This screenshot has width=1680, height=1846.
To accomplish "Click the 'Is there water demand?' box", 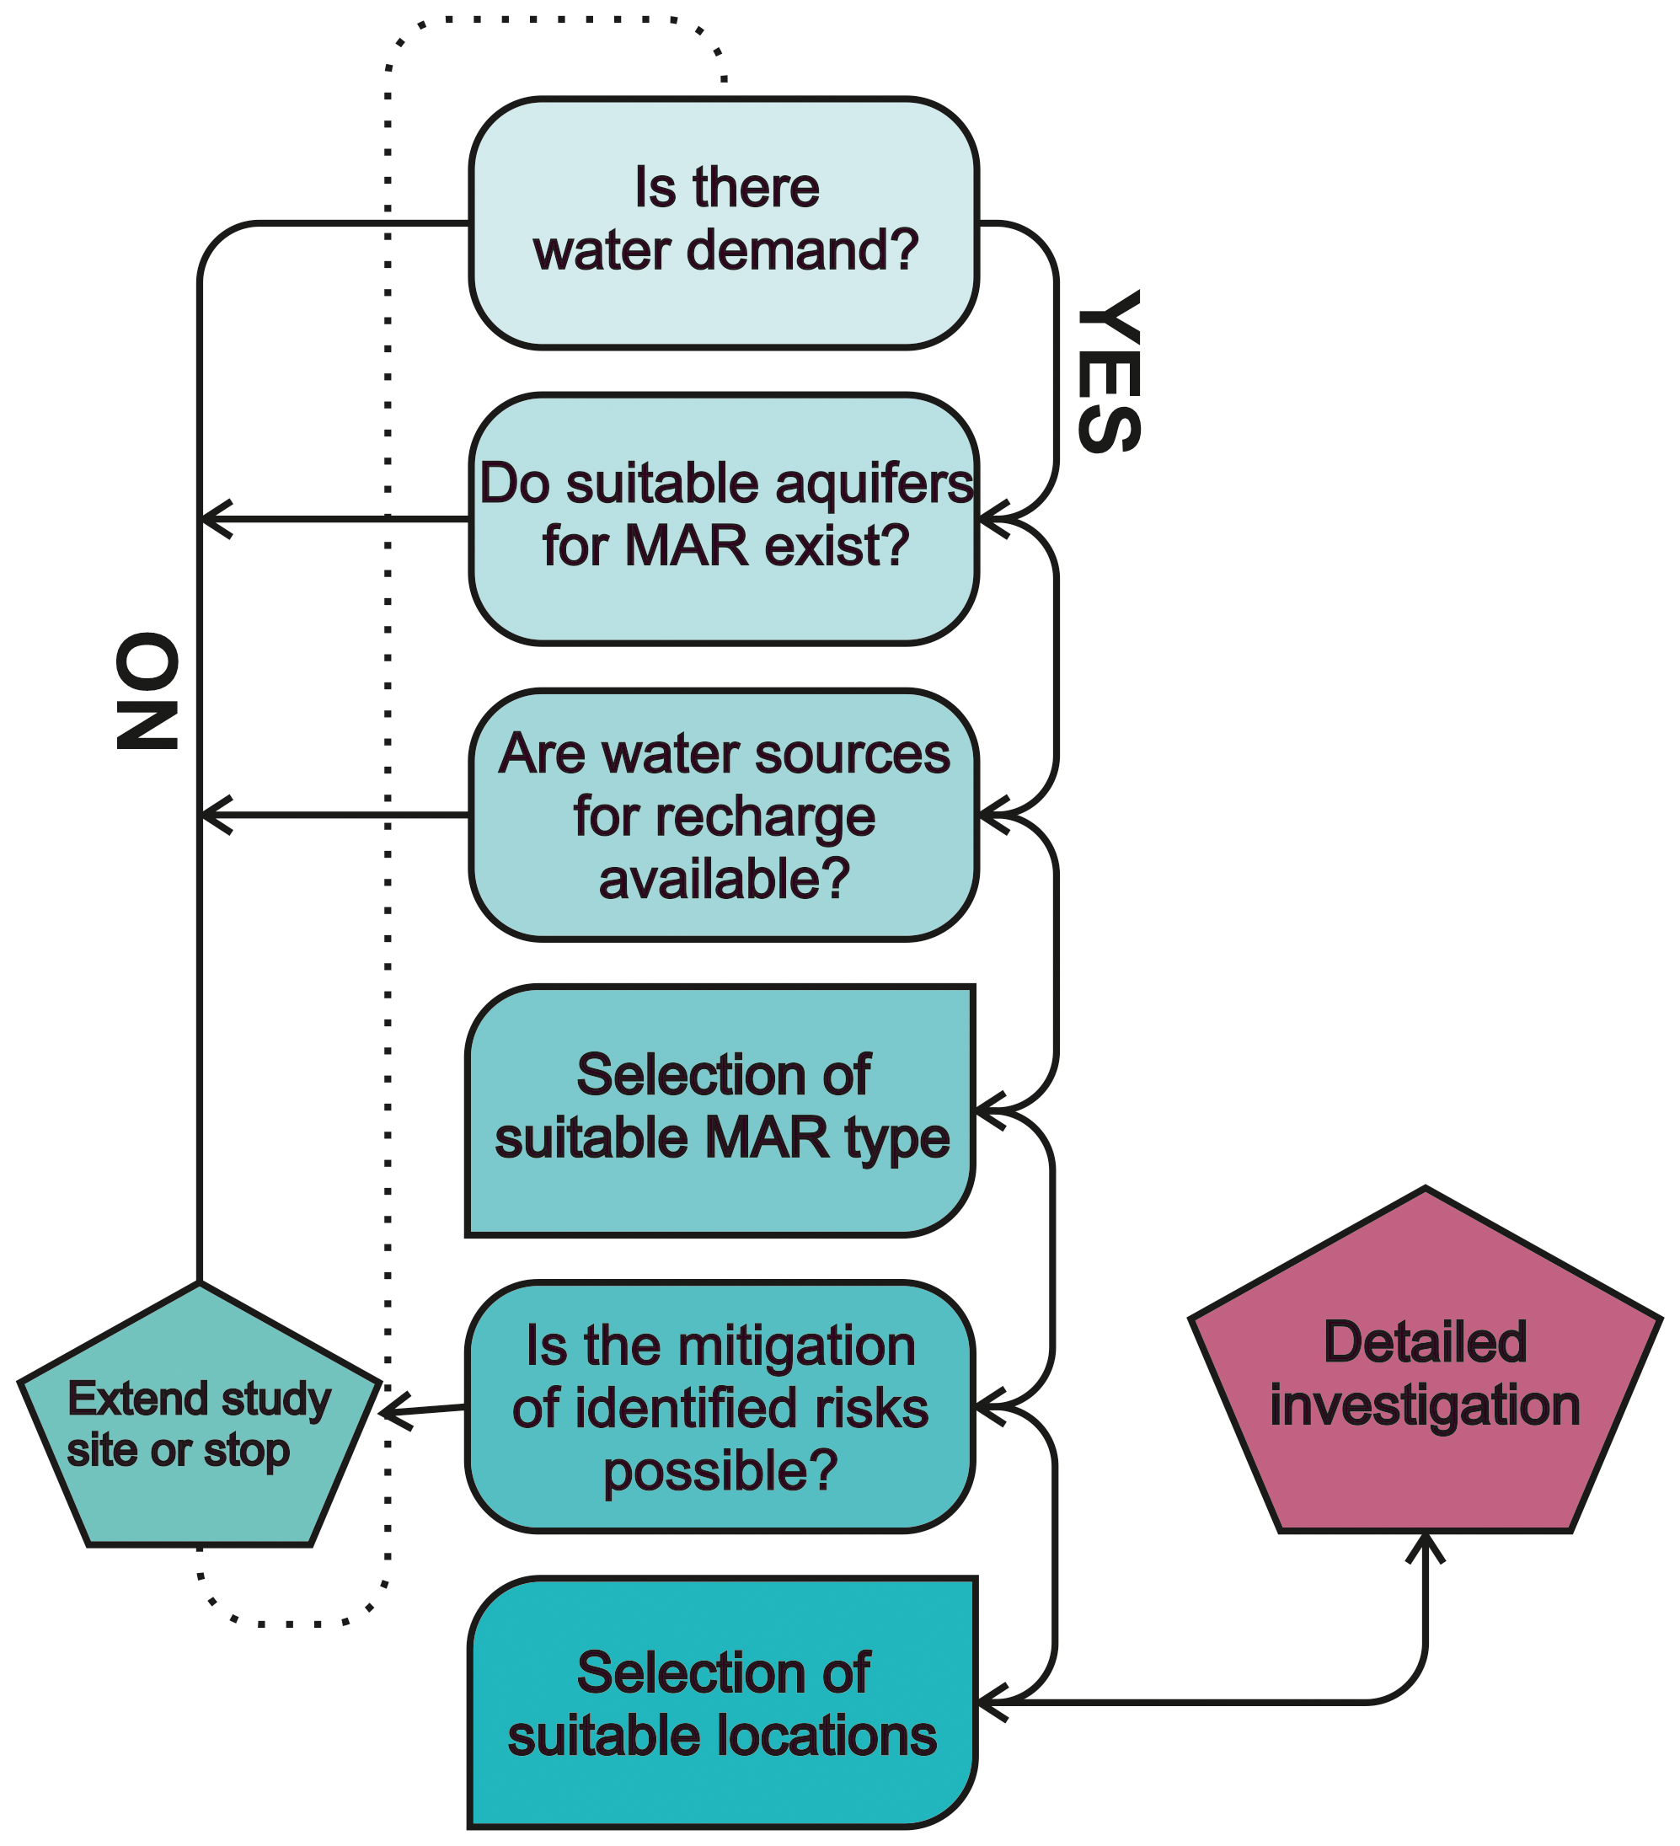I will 723,222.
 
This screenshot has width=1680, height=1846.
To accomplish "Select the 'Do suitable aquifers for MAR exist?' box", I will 723,518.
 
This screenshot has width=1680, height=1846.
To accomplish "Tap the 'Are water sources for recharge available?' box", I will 723,814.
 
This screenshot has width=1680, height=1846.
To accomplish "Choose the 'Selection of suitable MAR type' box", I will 720,1110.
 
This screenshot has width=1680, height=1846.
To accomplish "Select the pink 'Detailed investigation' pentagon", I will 1425,1373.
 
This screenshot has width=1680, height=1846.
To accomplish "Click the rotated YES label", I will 1109,371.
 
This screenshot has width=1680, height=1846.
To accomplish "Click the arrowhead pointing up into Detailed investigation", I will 1425,1546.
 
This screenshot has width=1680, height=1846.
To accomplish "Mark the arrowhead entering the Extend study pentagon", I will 388,1411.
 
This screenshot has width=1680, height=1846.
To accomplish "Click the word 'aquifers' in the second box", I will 874,484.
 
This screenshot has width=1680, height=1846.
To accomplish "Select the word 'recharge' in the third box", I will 723,816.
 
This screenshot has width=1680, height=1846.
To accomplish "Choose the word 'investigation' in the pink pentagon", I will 1425,1405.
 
